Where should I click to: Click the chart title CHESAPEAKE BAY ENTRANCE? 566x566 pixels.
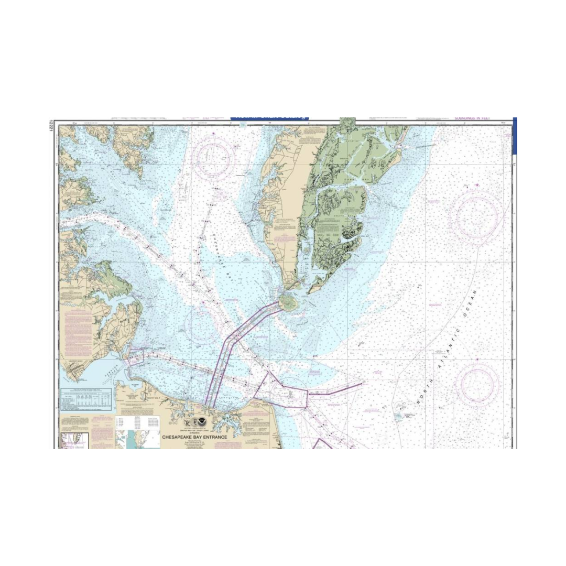194,437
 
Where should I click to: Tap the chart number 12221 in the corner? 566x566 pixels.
51,126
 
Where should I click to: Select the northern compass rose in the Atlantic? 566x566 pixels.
477,216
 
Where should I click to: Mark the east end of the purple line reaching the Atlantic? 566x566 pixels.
362,384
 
